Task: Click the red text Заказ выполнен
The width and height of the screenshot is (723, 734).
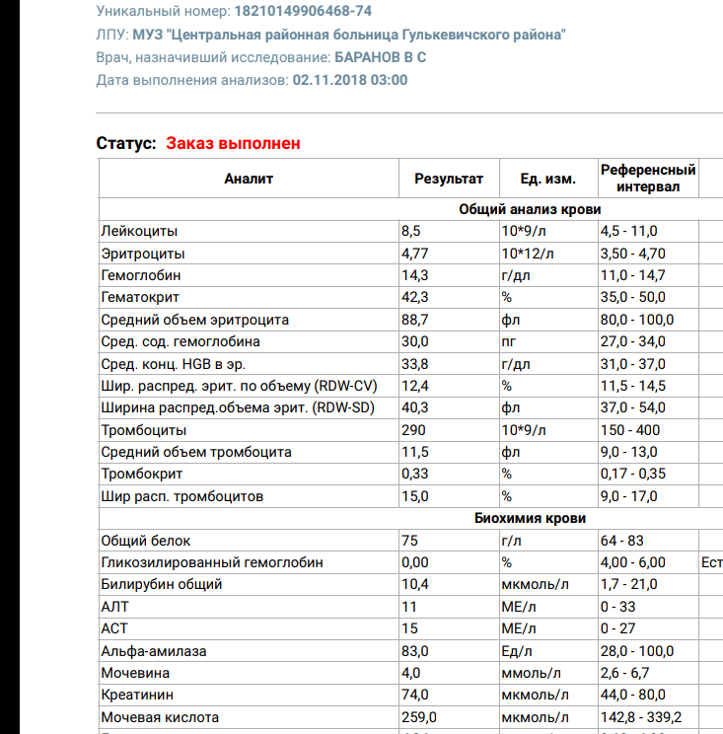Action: [233, 143]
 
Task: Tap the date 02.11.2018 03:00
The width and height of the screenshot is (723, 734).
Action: [350, 80]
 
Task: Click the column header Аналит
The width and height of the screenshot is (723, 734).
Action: [249, 179]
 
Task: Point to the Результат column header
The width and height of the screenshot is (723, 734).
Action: [449, 179]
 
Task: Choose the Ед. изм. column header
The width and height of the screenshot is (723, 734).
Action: [547, 179]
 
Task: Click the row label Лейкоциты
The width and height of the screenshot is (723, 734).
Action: [140, 231]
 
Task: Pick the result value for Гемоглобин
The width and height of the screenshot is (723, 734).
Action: [415, 275]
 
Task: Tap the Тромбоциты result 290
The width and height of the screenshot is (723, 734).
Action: [413, 430]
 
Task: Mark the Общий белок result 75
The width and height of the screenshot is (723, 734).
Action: [409, 541]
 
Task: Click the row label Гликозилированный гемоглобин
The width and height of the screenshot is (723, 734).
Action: [212, 562]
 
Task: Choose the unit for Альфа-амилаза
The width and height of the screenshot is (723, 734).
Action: [517, 651]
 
